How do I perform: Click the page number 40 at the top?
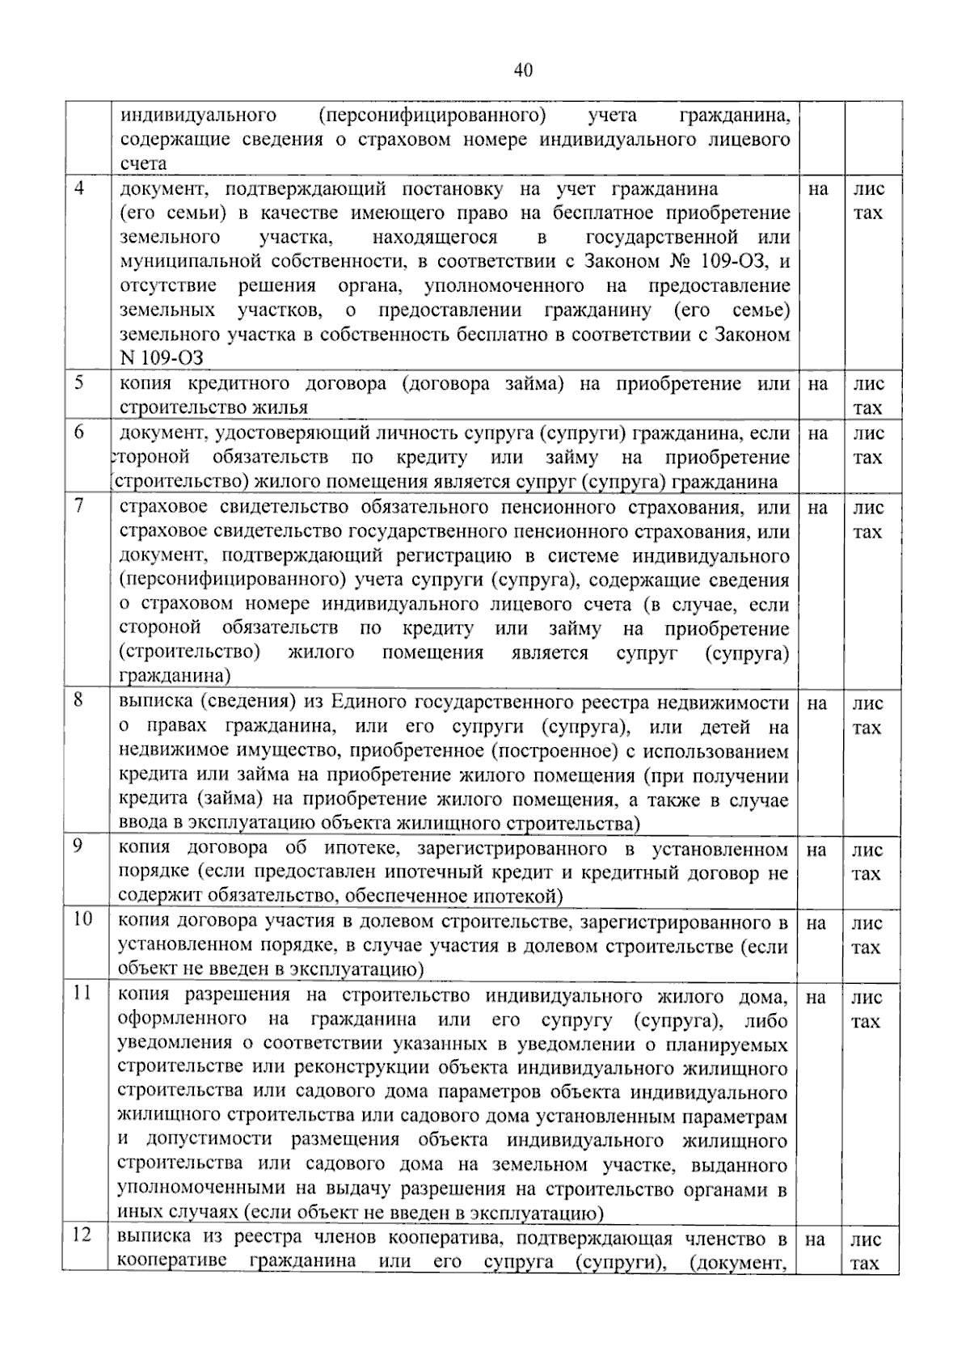(523, 70)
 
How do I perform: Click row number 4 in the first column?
(78, 189)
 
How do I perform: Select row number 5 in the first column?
(78, 383)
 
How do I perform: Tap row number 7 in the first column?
(78, 507)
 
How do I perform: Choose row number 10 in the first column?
(82, 919)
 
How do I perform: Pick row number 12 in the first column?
(82, 1235)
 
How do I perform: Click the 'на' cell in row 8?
(817, 703)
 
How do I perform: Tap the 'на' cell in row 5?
(818, 385)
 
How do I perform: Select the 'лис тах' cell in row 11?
(867, 1010)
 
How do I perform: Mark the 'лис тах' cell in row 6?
(868, 445)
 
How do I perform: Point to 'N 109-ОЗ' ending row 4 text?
(162, 358)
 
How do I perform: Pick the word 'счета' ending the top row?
(143, 163)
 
